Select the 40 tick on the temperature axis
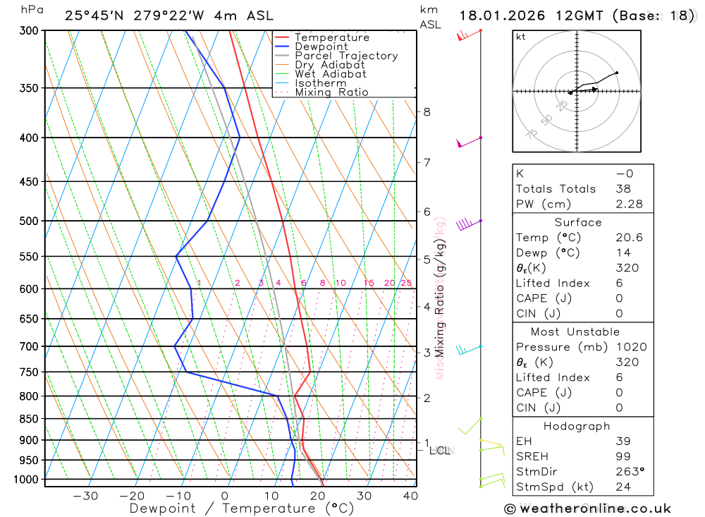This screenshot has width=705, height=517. coord(410,496)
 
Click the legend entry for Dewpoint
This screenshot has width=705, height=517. coord(321,47)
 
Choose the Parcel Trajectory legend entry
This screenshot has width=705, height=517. coord(346,56)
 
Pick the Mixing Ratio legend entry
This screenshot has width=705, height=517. coord(331,92)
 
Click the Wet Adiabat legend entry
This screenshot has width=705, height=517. coord(330,74)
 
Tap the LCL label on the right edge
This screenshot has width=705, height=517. coord(440,450)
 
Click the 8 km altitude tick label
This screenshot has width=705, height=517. coord(427,111)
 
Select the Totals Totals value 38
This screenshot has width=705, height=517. coord(623,189)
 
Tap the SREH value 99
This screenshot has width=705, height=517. coord(623,456)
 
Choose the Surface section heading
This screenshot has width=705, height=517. coord(582,222)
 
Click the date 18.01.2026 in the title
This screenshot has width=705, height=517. coord(504,16)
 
